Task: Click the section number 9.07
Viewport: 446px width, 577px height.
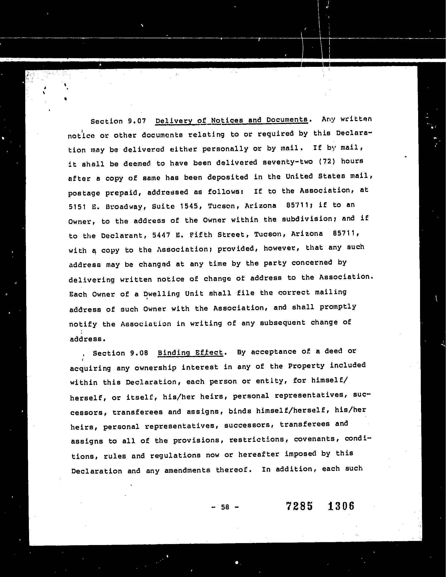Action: (137, 121)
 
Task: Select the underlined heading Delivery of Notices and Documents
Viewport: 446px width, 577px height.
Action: (232, 120)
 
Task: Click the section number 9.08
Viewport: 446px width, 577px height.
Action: (139, 353)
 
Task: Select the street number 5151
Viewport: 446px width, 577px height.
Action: (77, 207)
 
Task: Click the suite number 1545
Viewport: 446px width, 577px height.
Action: (189, 206)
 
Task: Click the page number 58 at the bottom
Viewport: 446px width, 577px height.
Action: (225, 507)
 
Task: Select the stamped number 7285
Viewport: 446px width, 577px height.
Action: (299, 506)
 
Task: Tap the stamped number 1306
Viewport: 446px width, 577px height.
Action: (341, 506)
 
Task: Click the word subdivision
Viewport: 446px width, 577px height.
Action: (310, 219)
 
